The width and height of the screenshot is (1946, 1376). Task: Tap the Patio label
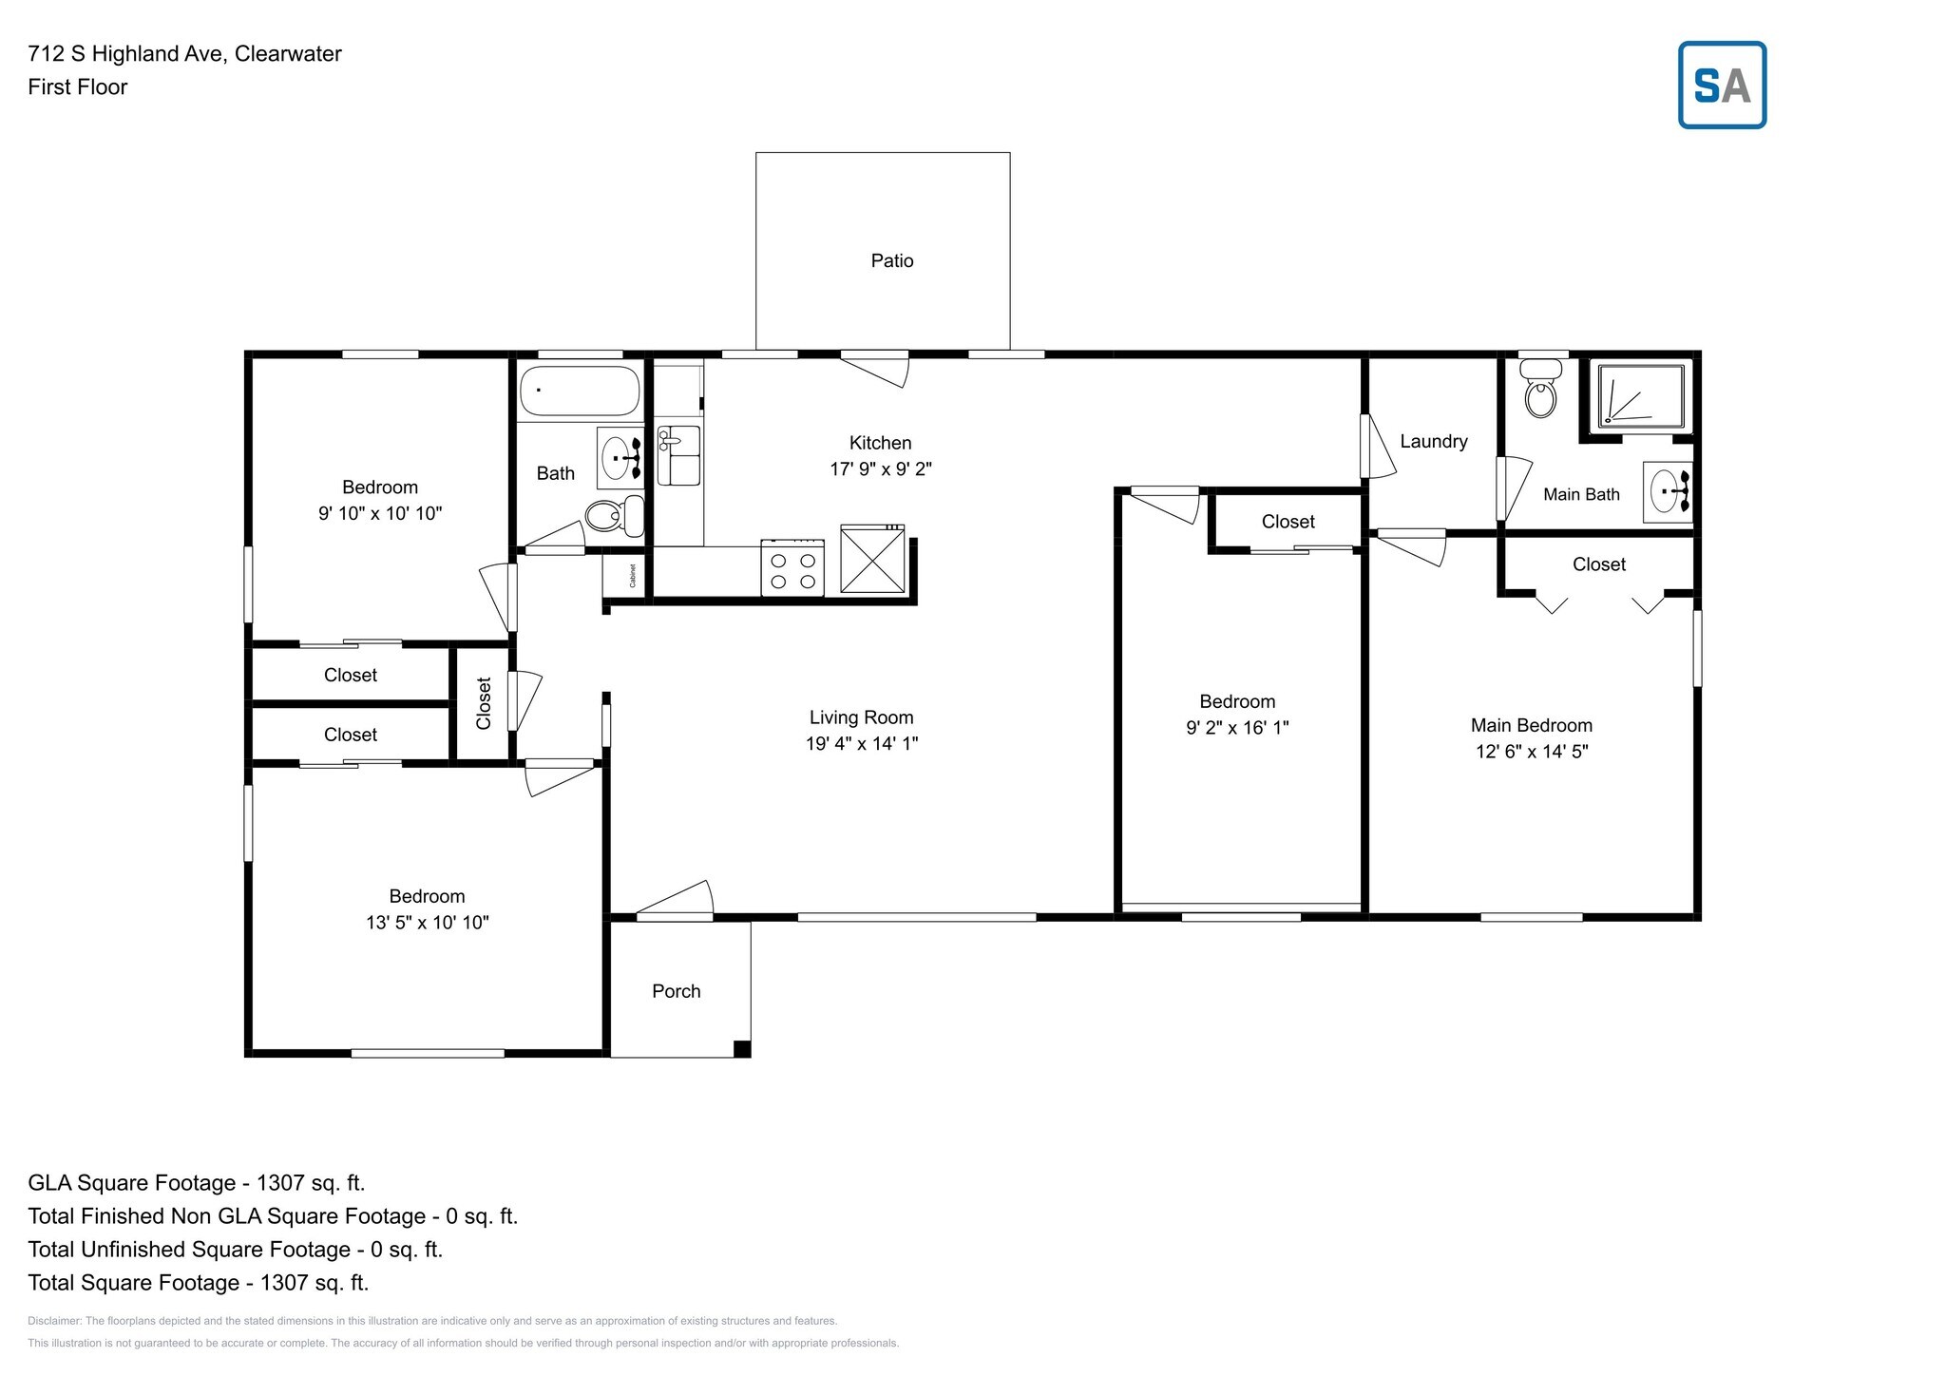pos(891,260)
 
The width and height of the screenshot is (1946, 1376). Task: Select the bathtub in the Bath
pos(580,391)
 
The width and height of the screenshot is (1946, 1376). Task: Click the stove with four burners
pos(792,567)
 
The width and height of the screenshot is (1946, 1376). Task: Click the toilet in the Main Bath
pos(1540,392)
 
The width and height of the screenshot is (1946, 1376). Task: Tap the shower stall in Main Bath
pos(1640,396)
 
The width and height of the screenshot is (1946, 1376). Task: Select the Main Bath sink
pos(1669,492)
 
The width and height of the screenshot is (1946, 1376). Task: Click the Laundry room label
pos(1433,441)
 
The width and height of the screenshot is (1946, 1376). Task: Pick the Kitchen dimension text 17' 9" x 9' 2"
pos(880,468)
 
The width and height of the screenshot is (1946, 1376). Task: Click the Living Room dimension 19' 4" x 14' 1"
pos(861,743)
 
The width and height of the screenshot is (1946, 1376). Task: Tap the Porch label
pos(676,991)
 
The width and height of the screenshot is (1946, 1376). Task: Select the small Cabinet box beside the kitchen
pos(625,575)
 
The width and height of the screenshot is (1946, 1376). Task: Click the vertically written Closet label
pos(484,703)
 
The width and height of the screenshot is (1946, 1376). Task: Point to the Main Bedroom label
pos(1531,725)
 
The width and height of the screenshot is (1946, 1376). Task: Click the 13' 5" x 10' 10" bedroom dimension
pos(427,922)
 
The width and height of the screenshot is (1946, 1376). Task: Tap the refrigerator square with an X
pos(872,561)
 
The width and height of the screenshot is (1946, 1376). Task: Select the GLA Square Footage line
pos(196,1183)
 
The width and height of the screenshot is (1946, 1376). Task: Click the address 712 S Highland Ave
pos(184,53)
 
